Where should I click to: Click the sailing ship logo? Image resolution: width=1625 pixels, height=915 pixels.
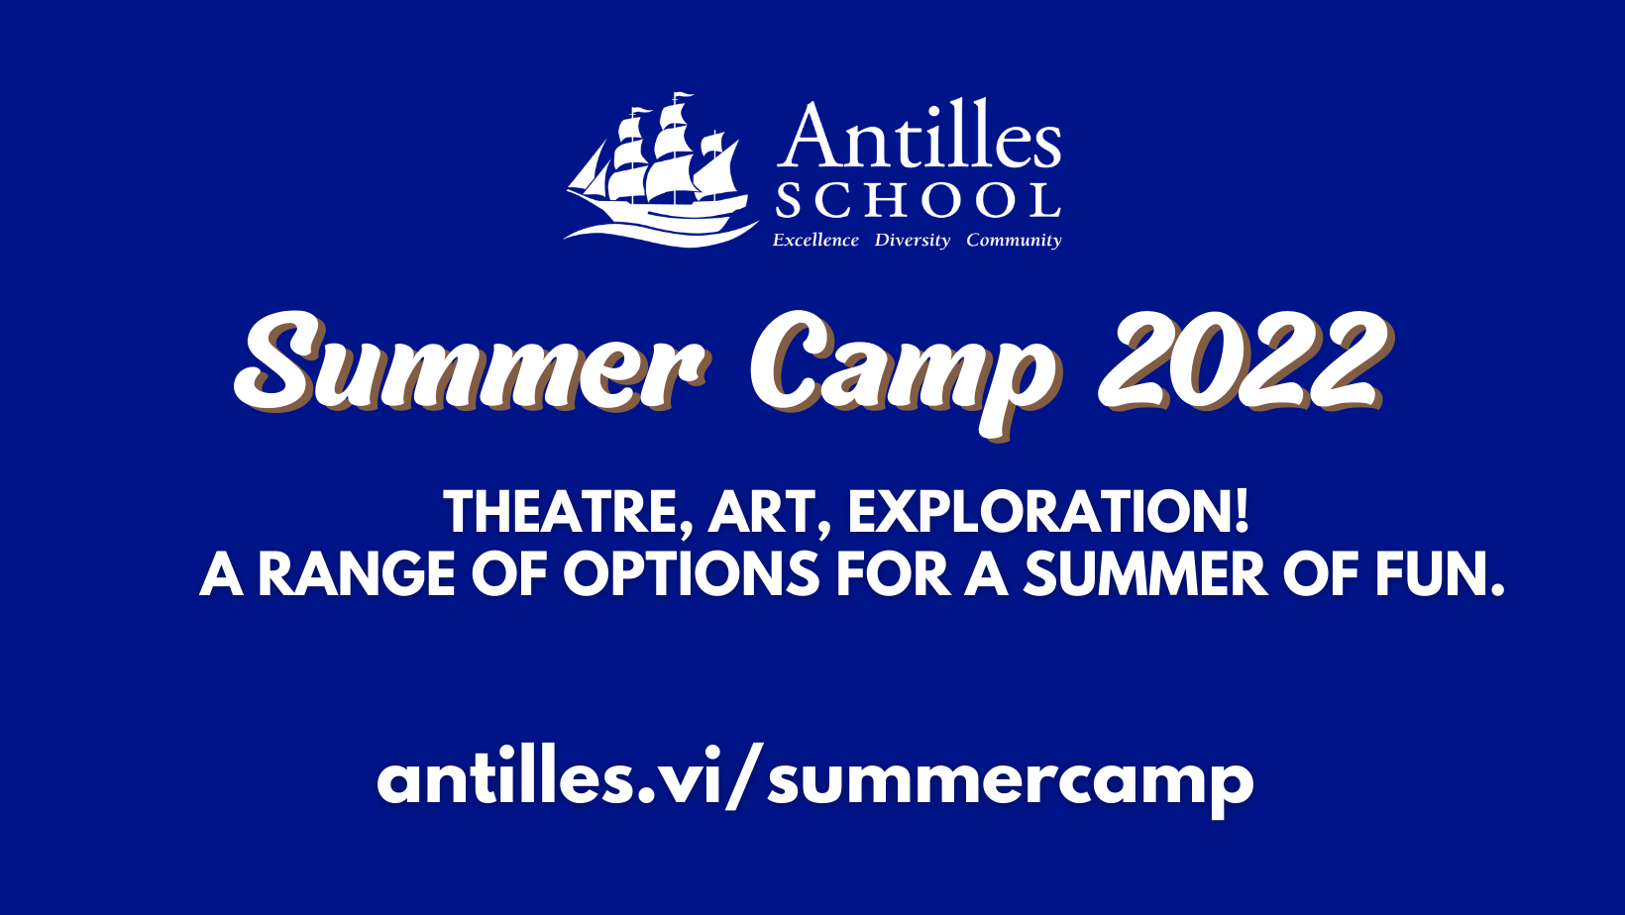point(662,170)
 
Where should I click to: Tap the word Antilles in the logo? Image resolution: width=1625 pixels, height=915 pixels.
point(920,135)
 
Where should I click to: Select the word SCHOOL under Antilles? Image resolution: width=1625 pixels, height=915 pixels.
point(918,200)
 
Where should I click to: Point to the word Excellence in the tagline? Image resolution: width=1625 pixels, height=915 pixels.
point(815,240)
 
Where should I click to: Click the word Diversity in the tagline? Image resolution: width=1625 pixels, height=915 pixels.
point(912,241)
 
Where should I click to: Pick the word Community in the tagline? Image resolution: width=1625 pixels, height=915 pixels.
point(1014,241)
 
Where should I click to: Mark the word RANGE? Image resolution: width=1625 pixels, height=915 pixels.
point(357,574)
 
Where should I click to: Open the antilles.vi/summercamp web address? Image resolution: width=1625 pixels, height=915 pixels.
point(815,781)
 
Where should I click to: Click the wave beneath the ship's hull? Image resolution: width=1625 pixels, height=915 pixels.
point(660,234)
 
